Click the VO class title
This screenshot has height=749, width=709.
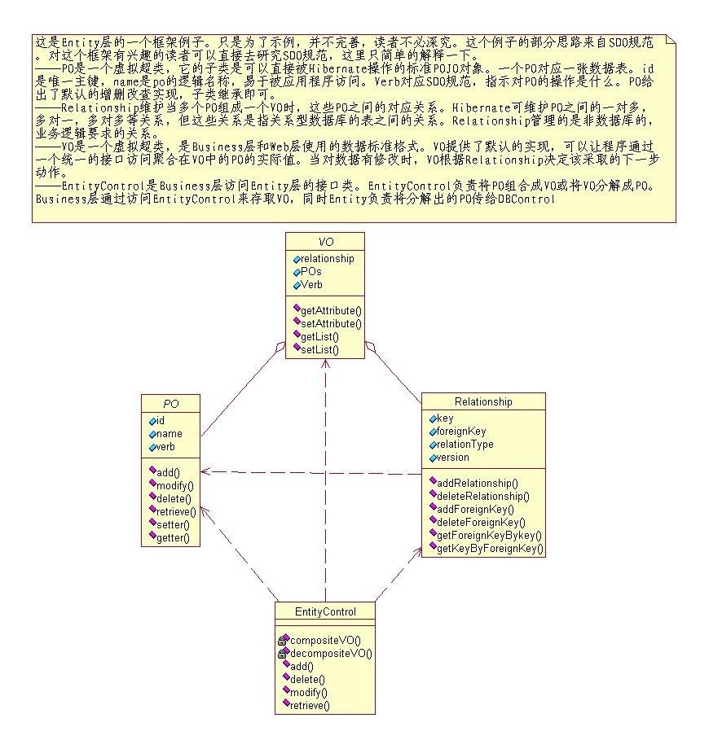325,242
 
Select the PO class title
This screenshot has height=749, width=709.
170,403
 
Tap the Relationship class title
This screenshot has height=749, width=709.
483,401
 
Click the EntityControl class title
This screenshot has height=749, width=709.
325,611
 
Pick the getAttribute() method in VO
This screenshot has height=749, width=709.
331,310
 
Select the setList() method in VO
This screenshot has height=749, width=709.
319,349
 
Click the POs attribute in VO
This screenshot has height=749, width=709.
310,272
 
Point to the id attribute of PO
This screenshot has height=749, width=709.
161,421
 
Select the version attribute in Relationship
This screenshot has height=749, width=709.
453,458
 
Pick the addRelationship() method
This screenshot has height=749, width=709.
477,483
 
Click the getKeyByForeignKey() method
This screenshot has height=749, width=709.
490,549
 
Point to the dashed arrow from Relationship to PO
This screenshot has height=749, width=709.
310,472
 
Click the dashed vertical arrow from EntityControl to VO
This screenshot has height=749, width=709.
325,488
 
